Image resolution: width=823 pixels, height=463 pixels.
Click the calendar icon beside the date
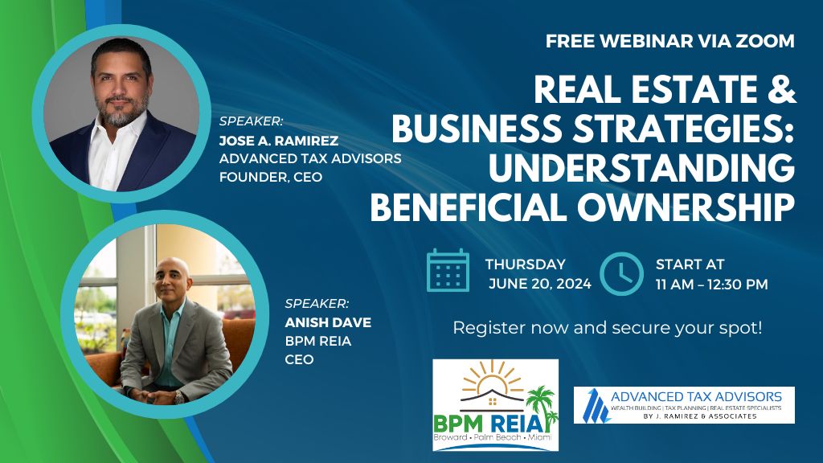(448, 270)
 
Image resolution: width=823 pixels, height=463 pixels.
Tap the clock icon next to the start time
(621, 273)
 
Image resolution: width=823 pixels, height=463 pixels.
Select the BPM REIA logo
(495, 404)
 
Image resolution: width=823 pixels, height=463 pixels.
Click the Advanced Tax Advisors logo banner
(684, 405)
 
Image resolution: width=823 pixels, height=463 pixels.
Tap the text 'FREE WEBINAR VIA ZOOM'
(670, 42)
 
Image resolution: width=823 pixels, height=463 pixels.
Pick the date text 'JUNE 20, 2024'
(540, 284)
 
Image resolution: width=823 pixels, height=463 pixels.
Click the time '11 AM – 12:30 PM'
(712, 284)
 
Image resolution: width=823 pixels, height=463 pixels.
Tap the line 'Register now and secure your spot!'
(608, 328)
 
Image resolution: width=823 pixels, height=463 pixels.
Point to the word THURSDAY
(525, 264)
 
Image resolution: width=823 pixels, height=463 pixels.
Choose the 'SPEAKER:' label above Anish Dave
(317, 304)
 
